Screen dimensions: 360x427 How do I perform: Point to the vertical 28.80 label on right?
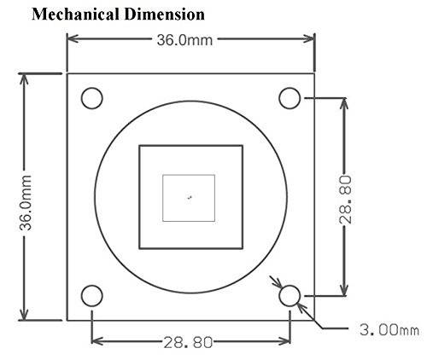(x=344, y=200)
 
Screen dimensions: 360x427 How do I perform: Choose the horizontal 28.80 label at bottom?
(x=190, y=341)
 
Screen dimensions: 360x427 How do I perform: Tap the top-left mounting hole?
(x=91, y=98)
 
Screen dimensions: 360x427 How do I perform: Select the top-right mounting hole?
(x=290, y=98)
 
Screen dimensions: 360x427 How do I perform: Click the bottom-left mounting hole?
(x=91, y=296)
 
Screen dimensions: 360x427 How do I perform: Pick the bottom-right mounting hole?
(x=290, y=296)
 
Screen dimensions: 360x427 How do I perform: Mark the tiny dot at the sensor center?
(x=190, y=198)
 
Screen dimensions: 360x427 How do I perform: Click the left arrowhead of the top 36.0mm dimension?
(x=72, y=39)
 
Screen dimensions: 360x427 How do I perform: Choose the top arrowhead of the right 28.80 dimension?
(x=343, y=102)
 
